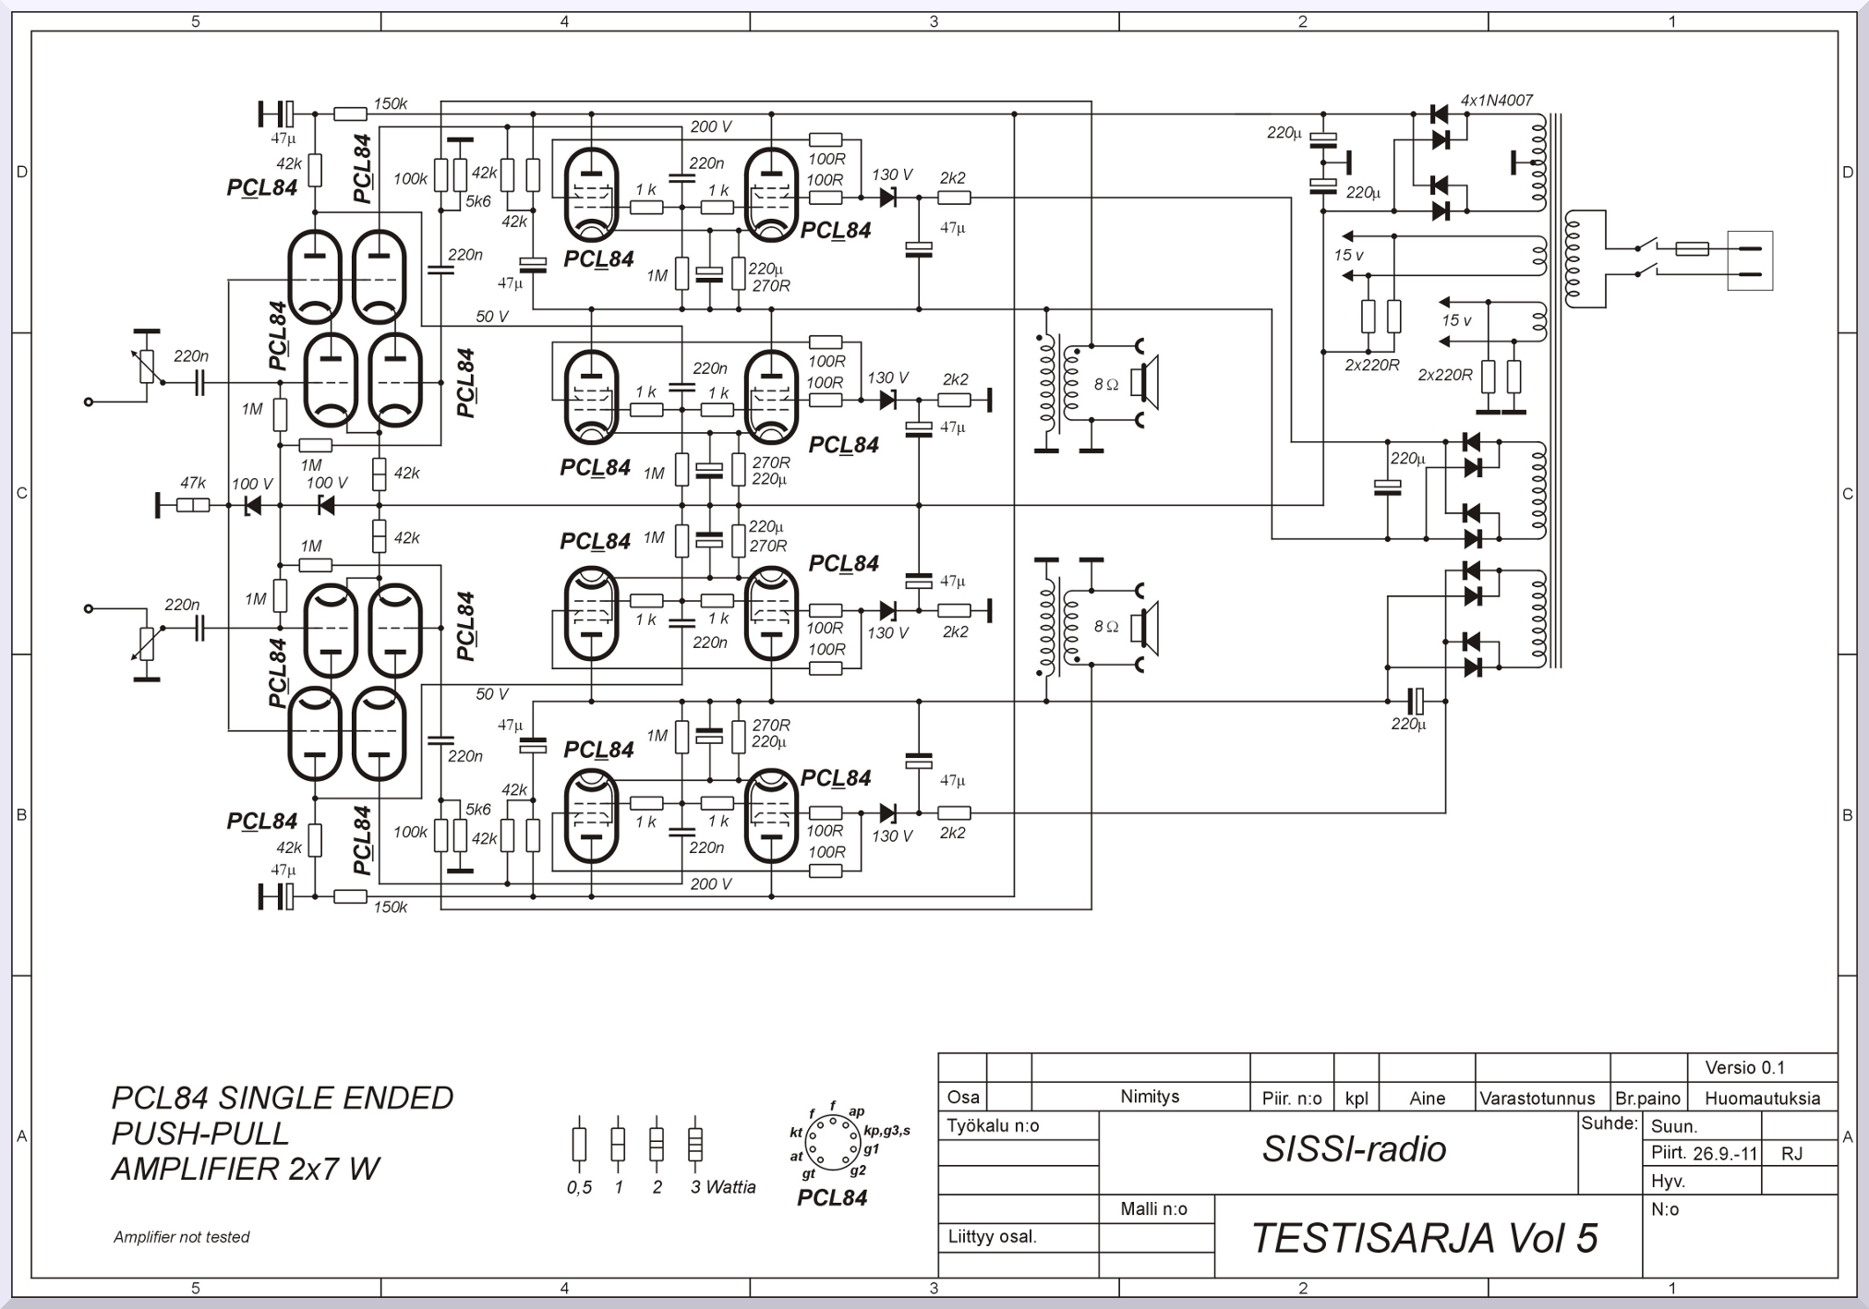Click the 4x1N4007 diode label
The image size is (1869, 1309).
pyautogui.click(x=1497, y=100)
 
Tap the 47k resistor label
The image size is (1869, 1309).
pyautogui.click(x=193, y=483)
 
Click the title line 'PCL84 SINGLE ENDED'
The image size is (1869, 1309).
pyautogui.click(x=283, y=1098)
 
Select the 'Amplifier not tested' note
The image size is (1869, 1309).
pyautogui.click(x=182, y=1237)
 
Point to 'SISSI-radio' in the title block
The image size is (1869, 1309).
pyautogui.click(x=1354, y=1149)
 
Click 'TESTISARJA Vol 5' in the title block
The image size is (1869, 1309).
pyautogui.click(x=1424, y=1238)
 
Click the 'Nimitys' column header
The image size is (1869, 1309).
pyautogui.click(x=1150, y=1097)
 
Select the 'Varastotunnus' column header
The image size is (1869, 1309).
pyautogui.click(x=1537, y=1099)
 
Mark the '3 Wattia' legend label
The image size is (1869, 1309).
pyautogui.click(x=723, y=1187)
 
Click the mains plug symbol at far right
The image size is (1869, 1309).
pyautogui.click(x=1750, y=260)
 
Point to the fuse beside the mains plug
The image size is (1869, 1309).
pyautogui.click(x=1692, y=248)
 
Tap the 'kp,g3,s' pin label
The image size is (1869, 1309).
pyautogui.click(x=887, y=1131)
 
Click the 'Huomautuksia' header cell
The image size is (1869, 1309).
pyautogui.click(x=1763, y=1099)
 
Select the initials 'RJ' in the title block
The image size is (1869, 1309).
pyautogui.click(x=1791, y=1154)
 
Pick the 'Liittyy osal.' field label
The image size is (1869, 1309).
pyautogui.click(x=993, y=1237)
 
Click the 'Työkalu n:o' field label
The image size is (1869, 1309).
pyautogui.click(x=994, y=1126)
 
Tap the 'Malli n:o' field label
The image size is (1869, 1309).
pyautogui.click(x=1154, y=1209)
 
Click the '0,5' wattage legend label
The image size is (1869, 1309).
pyautogui.click(x=579, y=1187)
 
